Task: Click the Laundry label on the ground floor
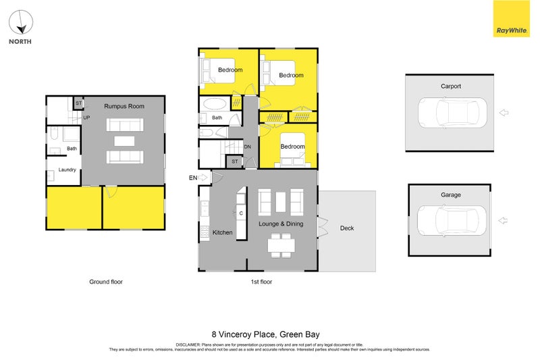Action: coord(67,170)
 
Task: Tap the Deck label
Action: coord(347,228)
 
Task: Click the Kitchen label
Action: coord(223,232)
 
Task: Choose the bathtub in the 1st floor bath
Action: coord(215,105)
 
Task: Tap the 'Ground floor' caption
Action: coord(106,282)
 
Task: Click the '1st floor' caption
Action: coord(261,282)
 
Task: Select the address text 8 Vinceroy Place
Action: coord(265,334)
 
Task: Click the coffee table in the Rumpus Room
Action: coord(124,141)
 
